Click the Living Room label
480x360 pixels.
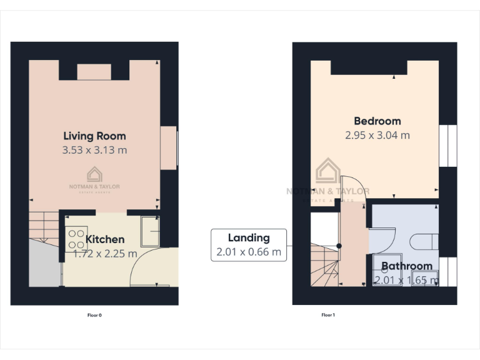94,136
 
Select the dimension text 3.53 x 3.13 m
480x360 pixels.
94,150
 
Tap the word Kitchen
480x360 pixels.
105,239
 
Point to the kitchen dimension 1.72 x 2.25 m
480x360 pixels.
105,253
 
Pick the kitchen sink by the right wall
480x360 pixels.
150,230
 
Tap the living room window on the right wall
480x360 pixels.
169,147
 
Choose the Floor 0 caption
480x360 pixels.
94,315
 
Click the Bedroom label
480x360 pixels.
377,121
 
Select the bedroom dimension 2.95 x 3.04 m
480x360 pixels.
377,135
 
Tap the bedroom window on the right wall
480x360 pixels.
447,146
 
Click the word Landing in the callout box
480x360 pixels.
248,237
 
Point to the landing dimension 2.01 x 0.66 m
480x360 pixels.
248,252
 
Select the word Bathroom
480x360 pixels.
406,266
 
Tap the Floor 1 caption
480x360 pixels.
328,315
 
